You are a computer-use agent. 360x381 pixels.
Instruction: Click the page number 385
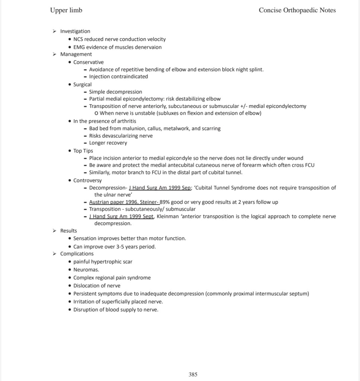coord(193,374)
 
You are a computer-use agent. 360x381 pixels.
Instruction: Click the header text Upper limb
coord(66,10)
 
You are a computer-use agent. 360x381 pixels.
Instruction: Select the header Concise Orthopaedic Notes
coord(297,10)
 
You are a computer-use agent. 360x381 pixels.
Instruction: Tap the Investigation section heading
coord(75,31)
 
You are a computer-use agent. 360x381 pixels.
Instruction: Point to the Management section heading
coord(76,54)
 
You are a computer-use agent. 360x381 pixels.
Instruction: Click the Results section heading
coord(69,231)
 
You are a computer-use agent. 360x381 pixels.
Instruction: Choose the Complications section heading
coord(77,254)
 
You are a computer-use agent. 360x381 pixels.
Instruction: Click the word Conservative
coord(89,62)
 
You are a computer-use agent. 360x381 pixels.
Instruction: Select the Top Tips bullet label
coord(83,151)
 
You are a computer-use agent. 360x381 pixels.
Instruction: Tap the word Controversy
coord(87,180)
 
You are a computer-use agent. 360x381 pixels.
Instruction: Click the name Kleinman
coord(168,216)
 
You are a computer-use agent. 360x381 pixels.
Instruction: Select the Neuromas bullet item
coord(86,269)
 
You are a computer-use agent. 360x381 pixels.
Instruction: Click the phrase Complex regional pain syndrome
coord(112,278)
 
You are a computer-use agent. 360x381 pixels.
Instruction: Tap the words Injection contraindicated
coord(118,77)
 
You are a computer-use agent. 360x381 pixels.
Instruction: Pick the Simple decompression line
coord(115,92)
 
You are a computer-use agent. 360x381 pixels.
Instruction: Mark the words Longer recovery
coord(108,143)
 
